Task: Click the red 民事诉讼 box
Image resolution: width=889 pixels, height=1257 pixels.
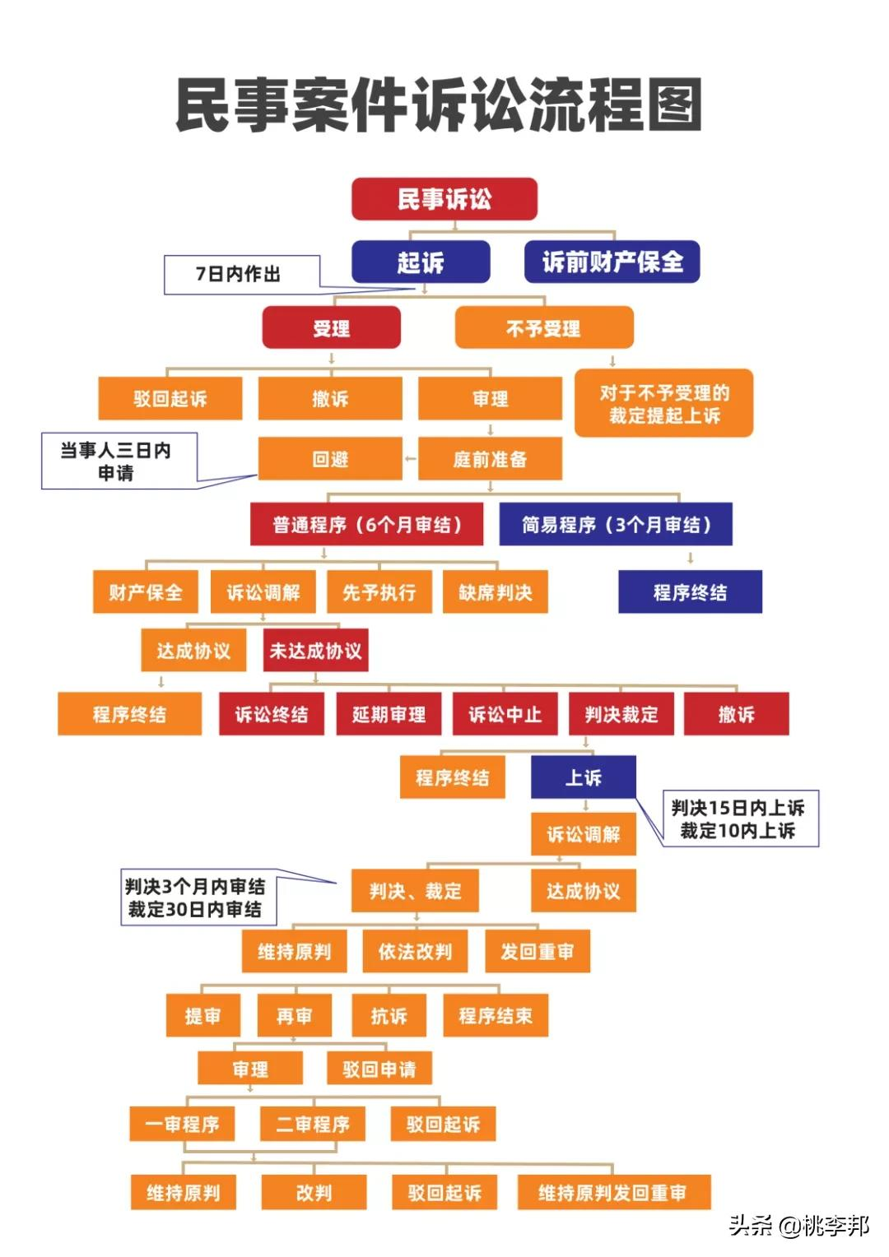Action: click(444, 198)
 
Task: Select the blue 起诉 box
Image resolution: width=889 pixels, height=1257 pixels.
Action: click(421, 262)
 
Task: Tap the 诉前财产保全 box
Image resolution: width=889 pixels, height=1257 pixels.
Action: click(612, 262)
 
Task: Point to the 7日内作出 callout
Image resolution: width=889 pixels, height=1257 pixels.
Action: click(242, 275)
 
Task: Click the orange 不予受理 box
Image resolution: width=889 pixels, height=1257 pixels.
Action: click(544, 327)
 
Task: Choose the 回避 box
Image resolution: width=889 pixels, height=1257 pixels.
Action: click(330, 459)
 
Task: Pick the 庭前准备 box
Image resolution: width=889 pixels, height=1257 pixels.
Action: click(491, 459)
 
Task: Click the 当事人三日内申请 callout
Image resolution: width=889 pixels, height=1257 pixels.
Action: click(119, 461)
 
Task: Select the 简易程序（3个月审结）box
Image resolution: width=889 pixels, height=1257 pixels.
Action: click(616, 524)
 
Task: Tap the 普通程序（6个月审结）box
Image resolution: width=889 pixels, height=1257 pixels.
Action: click(367, 524)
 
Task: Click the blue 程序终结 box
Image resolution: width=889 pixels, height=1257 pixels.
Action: click(690, 592)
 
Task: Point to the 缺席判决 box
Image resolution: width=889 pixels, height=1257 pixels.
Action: click(496, 592)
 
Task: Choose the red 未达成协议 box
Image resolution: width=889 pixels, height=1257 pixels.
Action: click(315, 651)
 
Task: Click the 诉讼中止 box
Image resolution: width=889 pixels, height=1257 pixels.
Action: click(505, 714)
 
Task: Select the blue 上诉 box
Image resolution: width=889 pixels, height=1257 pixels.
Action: click(584, 777)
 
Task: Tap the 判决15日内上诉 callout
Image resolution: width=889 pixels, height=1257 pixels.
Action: click(741, 819)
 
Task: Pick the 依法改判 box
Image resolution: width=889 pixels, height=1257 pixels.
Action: click(415, 951)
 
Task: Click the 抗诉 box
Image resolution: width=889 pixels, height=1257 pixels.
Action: click(389, 1015)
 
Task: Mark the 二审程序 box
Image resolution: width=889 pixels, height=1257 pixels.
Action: click(313, 1124)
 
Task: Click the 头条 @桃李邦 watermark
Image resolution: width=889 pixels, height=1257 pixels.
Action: click(799, 1225)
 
